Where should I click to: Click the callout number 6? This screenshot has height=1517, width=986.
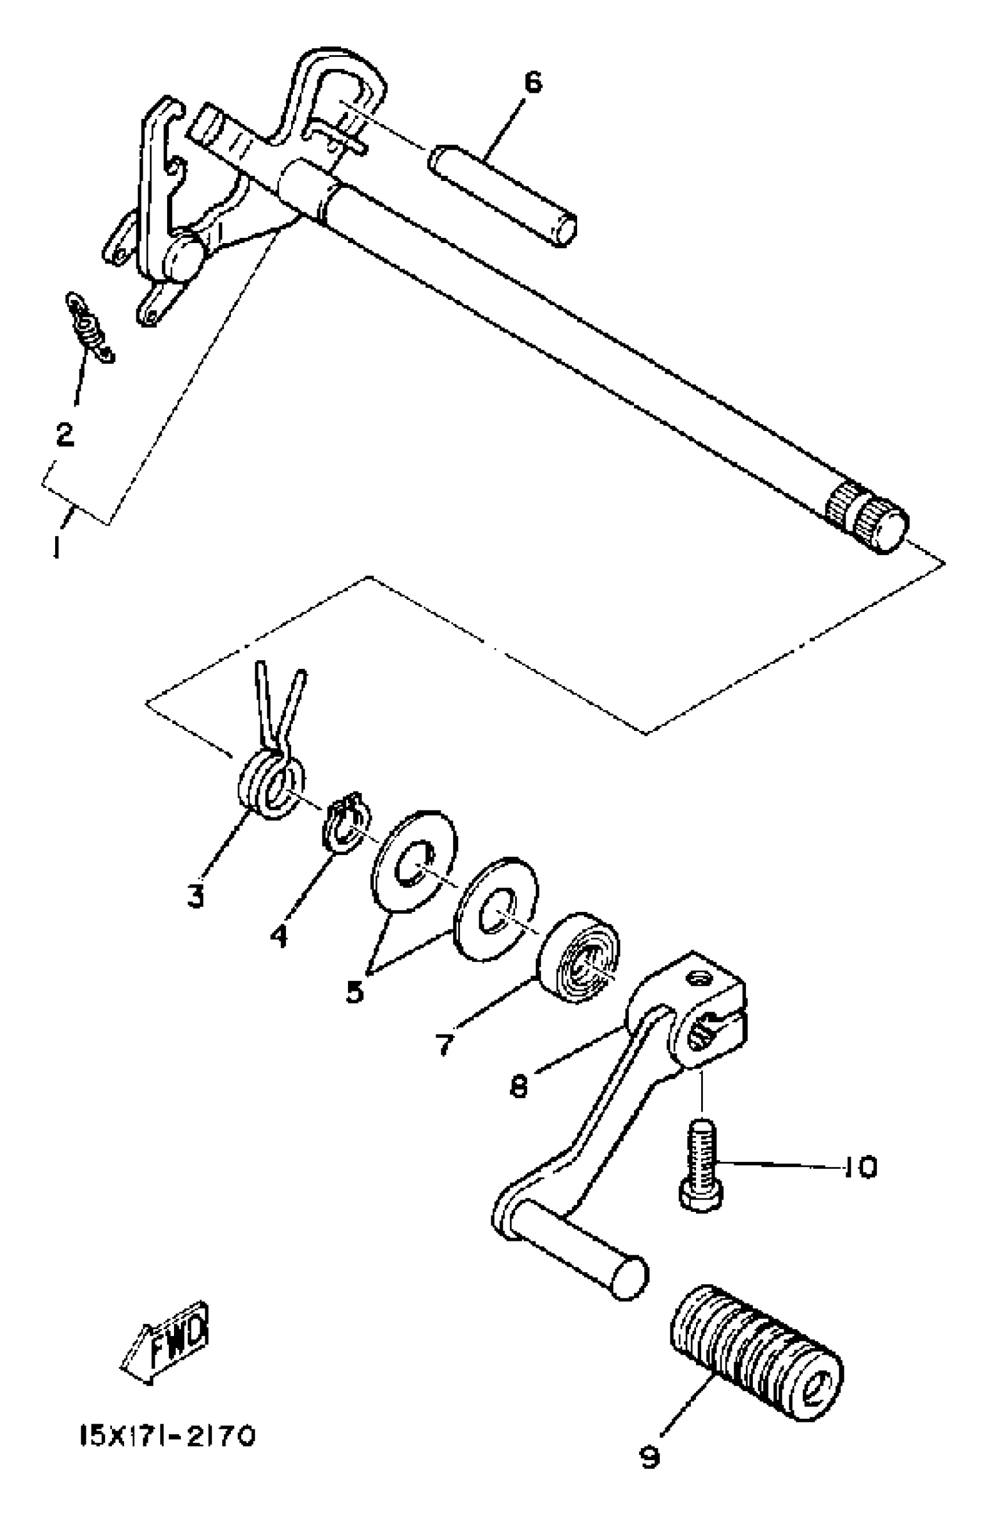coord(532,83)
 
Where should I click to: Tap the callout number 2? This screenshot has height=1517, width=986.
coord(64,435)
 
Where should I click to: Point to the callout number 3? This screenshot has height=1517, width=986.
coord(195,896)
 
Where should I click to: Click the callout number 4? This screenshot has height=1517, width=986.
coord(278,936)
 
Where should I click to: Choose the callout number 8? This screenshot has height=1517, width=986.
coord(520,1086)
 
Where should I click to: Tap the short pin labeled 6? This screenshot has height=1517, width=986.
coord(503,194)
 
